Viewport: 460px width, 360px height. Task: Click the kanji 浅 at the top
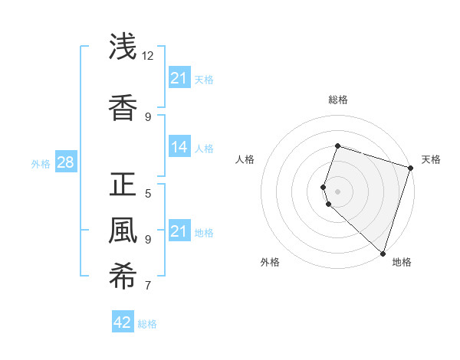[x=123, y=47]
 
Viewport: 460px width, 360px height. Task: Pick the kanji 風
[x=123, y=231]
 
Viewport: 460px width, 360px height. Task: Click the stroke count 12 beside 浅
[x=148, y=56]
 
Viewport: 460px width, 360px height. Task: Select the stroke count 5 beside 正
[x=148, y=193]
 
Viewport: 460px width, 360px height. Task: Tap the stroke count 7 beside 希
[x=148, y=286]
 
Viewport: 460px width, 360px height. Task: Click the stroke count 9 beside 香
[x=148, y=116]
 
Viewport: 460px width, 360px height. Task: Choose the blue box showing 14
[x=179, y=147]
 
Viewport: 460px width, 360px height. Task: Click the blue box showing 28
[x=65, y=162]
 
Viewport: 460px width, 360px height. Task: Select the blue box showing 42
[x=123, y=322]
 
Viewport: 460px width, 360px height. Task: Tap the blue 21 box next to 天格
[x=179, y=78]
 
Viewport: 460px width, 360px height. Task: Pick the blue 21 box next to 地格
[x=179, y=231]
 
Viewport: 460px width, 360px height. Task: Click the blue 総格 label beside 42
[x=147, y=324]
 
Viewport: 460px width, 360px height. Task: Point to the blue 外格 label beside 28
[x=41, y=164]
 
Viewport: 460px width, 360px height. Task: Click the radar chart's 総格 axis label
[x=337, y=100]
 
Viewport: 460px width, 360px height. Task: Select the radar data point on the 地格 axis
[x=383, y=253]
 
